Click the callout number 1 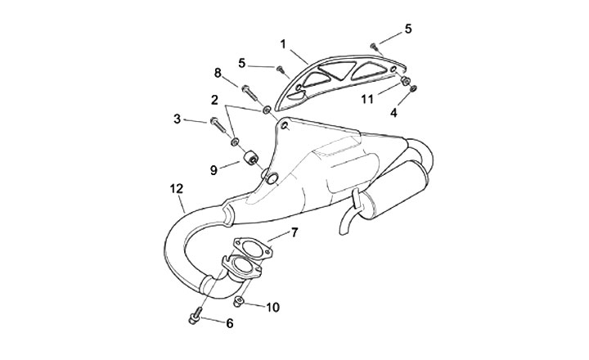pyautogui.click(x=282, y=42)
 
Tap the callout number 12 pyautogui.click(x=176, y=188)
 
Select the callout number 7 pyautogui.click(x=294, y=233)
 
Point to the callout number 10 pyautogui.click(x=272, y=308)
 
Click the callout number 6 pyautogui.click(x=230, y=323)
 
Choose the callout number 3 pyautogui.click(x=177, y=119)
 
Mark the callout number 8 pyautogui.click(x=218, y=72)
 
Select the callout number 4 pyautogui.click(x=393, y=113)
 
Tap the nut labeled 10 pyautogui.click(x=236, y=303)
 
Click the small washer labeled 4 pyautogui.click(x=414, y=89)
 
